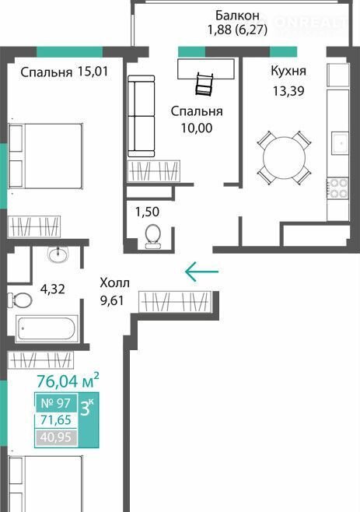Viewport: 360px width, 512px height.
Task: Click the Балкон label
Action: point(237,15)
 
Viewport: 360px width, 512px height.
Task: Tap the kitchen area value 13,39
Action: point(288,91)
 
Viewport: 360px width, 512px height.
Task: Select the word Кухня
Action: point(288,71)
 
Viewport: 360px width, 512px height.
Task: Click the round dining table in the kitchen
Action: point(284,158)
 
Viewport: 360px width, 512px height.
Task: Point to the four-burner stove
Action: point(338,189)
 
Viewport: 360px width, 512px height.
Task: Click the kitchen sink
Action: point(341,142)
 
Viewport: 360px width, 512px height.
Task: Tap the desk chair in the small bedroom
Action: point(204,84)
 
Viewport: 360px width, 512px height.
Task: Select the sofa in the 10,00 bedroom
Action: point(141,116)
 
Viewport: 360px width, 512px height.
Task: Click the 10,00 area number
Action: point(197,128)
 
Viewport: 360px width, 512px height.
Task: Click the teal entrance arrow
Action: point(201,271)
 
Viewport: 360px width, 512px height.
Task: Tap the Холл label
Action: point(114,282)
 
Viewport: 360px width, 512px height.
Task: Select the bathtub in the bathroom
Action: point(47,328)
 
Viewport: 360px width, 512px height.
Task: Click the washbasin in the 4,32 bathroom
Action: point(58,254)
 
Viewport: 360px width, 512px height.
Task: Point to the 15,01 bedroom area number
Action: point(93,72)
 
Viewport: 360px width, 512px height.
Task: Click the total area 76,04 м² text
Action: point(68,380)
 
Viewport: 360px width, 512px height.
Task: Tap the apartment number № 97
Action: point(55,403)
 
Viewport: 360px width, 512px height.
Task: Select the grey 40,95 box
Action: point(56,437)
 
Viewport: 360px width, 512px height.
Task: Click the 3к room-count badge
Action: point(86,408)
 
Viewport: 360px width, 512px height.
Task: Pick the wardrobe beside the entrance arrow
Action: point(175,301)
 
